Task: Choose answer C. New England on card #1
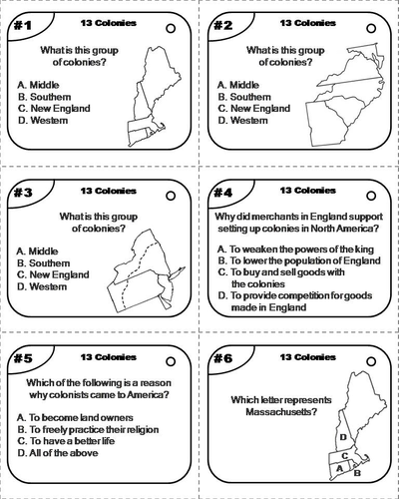56,108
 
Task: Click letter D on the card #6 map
343,436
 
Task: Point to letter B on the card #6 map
357,459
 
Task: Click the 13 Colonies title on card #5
101,355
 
